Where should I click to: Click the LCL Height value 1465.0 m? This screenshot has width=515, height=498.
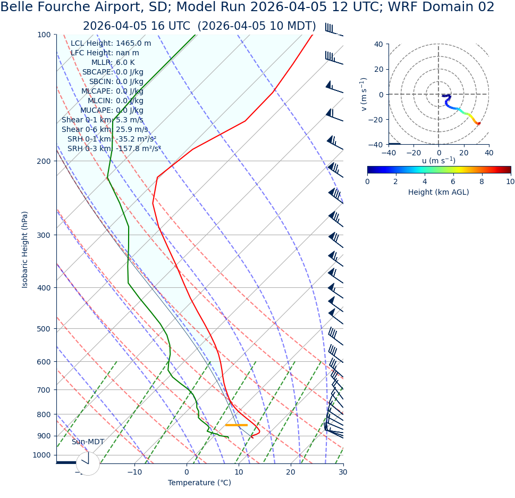tap(133, 44)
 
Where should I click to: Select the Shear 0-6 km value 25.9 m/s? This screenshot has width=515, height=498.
tap(132, 129)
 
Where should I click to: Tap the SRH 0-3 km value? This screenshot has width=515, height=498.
tap(138, 148)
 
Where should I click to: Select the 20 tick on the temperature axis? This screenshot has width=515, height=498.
tap(291, 472)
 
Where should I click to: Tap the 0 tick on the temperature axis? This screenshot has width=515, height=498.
tap(187, 472)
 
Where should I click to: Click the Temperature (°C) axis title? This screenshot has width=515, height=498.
tap(199, 483)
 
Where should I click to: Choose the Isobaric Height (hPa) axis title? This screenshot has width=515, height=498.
tap(25, 250)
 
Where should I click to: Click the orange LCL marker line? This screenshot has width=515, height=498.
tap(236, 425)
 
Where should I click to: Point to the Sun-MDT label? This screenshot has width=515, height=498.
tap(88, 442)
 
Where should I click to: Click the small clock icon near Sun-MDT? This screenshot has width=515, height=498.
tap(88, 463)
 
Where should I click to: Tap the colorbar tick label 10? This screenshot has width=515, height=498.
tap(510, 181)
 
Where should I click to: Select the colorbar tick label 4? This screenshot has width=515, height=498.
tap(425, 181)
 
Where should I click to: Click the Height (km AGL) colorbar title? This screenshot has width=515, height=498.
tap(438, 192)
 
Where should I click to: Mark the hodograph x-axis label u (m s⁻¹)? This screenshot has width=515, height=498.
tap(438, 161)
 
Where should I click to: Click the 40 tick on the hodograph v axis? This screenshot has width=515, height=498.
tap(378, 44)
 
